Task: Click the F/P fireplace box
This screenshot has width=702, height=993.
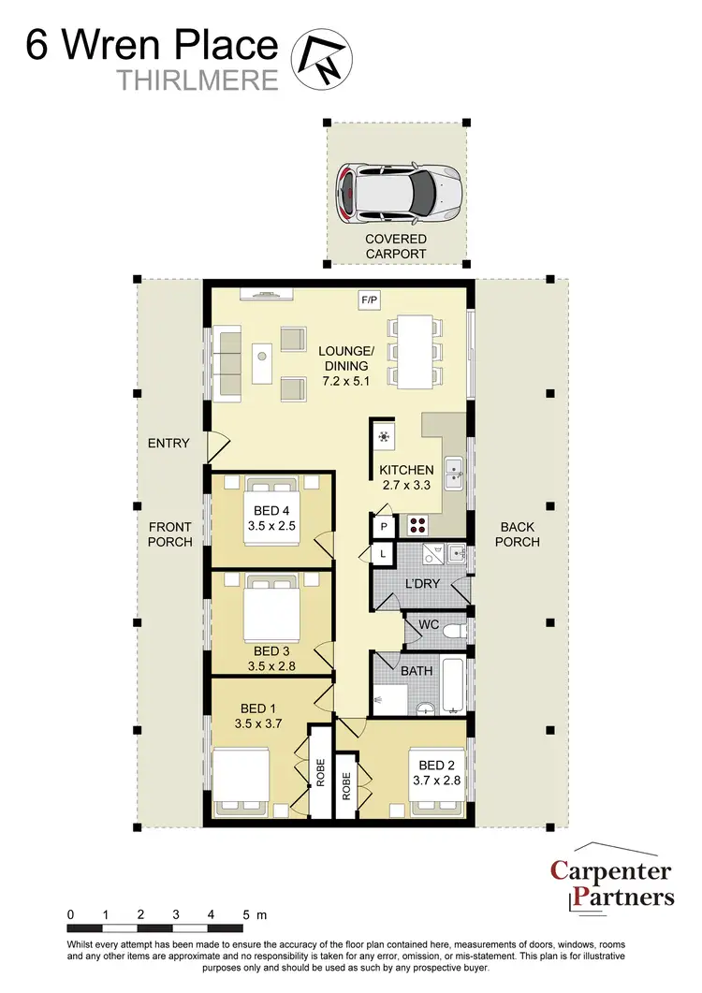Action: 370,299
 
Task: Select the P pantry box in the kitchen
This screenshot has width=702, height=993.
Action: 384,528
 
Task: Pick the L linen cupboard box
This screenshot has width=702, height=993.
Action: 384,555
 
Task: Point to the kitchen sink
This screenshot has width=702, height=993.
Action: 452,473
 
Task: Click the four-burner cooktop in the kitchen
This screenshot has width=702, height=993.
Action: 417,526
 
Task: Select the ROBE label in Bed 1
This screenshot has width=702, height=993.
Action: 319,771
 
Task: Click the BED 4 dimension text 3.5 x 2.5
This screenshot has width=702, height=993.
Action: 272,526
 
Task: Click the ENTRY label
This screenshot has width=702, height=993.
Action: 168,443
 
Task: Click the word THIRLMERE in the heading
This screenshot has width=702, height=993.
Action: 198,80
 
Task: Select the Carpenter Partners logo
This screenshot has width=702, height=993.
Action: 611,883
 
